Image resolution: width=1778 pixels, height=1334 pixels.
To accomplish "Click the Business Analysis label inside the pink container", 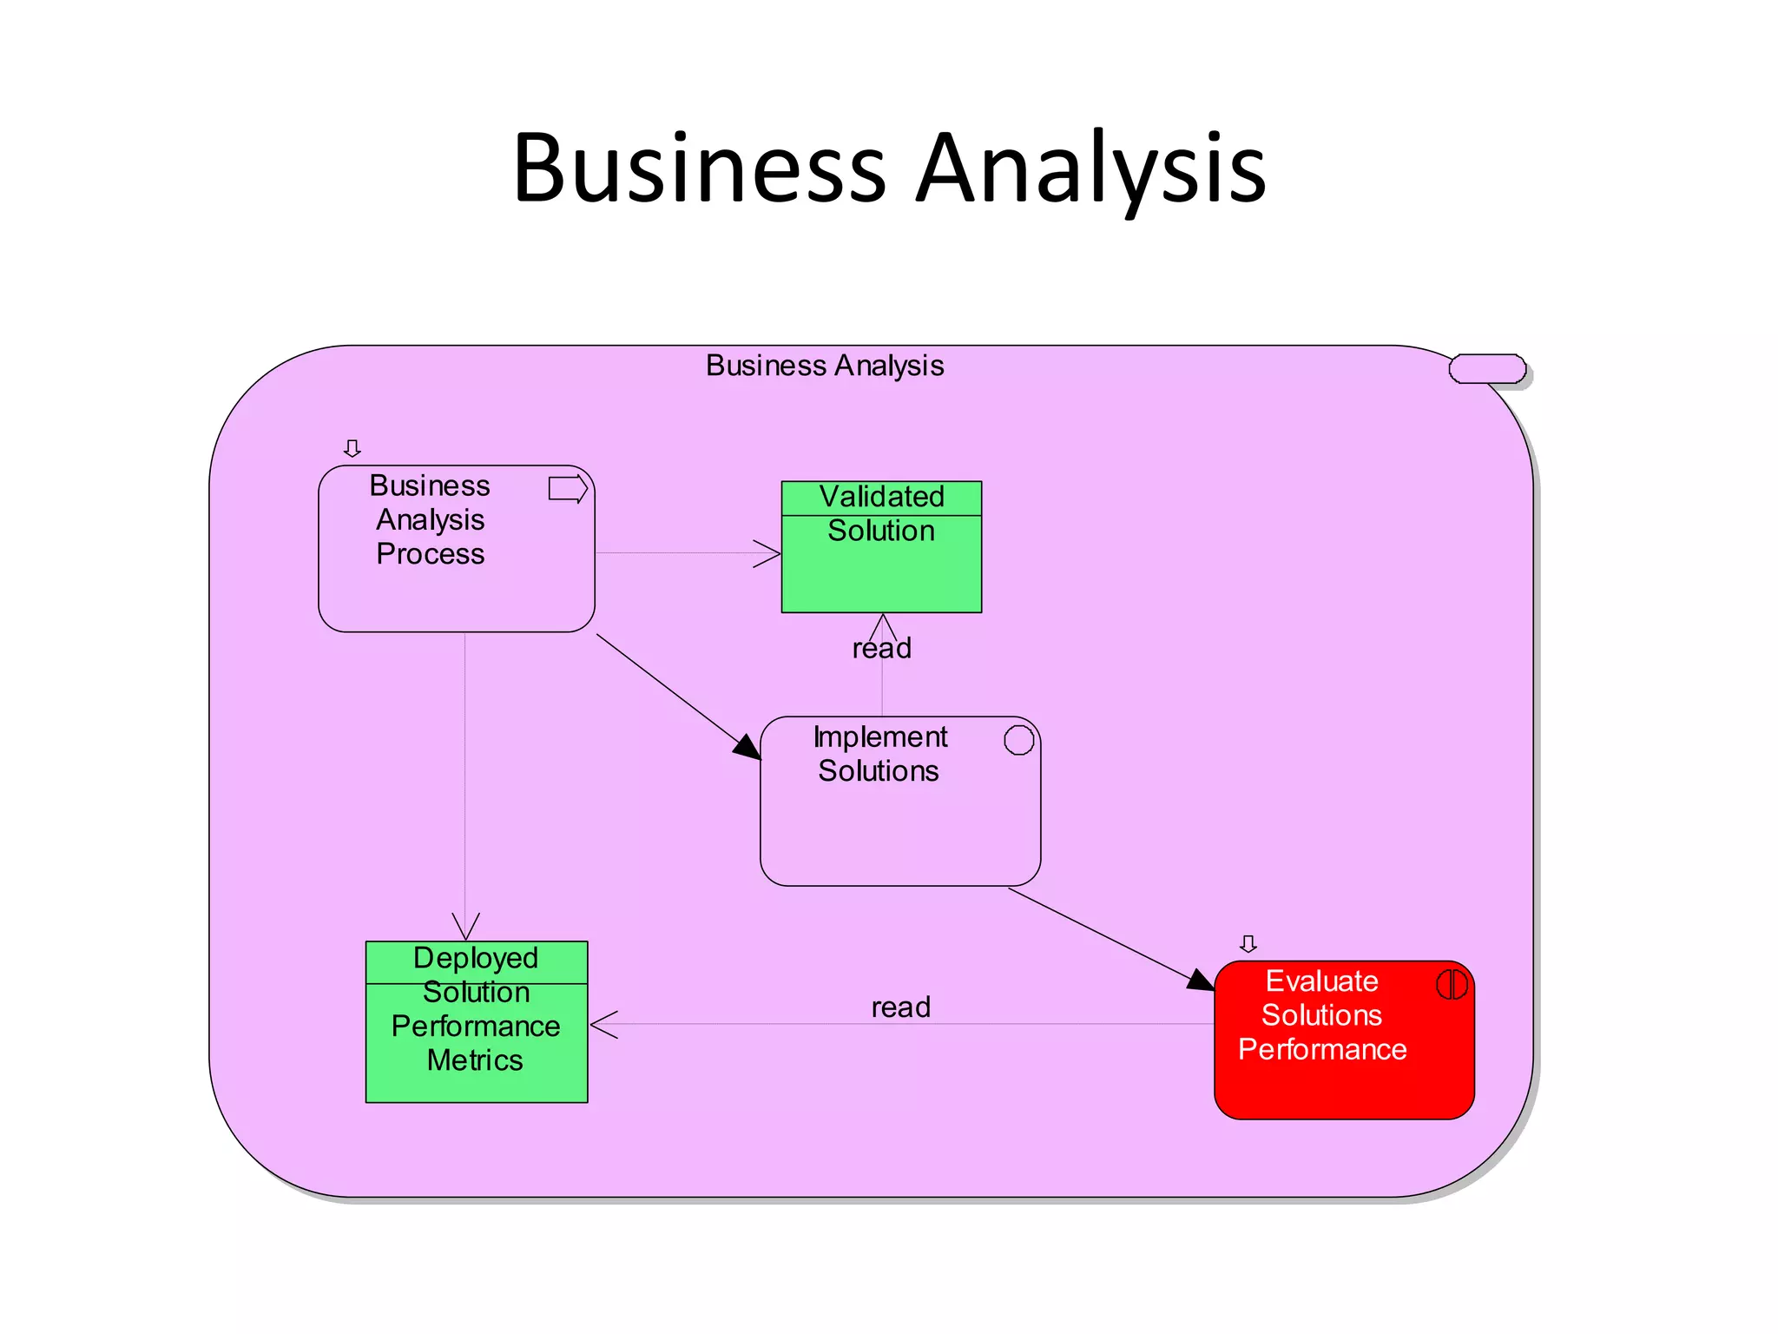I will click(x=824, y=366).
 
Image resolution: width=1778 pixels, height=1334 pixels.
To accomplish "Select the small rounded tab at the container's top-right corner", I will click(x=1486, y=369).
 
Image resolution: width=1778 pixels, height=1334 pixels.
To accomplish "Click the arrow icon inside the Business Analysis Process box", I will click(x=568, y=489).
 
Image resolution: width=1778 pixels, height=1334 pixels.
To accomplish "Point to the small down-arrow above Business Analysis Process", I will click(x=352, y=448).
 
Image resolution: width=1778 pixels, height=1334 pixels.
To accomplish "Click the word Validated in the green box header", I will click(x=881, y=497).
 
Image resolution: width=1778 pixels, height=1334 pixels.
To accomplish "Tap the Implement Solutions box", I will click(x=899, y=825).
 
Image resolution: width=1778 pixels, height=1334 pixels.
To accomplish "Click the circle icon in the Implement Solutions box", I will click(x=1018, y=740).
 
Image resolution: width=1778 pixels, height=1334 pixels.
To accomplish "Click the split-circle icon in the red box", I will click(x=1452, y=984).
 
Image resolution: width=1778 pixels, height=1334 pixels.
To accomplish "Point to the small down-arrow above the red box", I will click(x=1248, y=943).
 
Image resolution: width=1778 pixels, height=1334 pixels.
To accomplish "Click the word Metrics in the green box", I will click(x=475, y=1060).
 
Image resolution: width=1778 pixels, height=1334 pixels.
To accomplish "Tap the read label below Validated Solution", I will click(x=882, y=649).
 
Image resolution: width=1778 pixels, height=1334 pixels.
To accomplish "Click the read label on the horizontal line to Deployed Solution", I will click(x=900, y=1007).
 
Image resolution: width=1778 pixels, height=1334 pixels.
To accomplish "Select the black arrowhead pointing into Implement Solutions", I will click(x=747, y=748).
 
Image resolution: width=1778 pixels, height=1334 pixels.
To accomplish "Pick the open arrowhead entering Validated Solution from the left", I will click(x=767, y=553).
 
